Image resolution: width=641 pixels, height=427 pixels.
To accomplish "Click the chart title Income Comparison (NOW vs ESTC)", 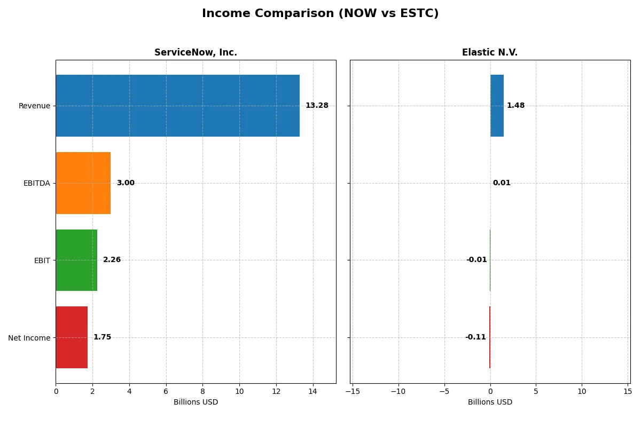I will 320,14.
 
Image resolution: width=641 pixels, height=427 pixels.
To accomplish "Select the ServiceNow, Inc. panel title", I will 196,52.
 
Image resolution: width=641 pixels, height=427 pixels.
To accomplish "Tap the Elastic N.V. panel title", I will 489,52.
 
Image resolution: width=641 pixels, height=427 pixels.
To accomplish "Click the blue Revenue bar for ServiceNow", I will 177,106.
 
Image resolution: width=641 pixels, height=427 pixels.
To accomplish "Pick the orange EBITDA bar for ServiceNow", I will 83,183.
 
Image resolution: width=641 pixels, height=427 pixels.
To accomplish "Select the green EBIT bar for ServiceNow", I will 76,260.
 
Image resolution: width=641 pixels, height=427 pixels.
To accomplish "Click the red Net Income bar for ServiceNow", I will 72,337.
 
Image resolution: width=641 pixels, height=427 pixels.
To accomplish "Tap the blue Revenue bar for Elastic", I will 497,106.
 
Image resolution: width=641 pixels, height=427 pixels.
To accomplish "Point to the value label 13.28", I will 317,106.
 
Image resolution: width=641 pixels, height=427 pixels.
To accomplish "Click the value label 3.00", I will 126,183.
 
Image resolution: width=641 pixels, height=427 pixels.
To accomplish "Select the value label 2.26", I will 112,260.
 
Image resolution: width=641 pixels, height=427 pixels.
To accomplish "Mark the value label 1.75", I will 102,337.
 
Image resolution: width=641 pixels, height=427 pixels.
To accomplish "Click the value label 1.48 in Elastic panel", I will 515,106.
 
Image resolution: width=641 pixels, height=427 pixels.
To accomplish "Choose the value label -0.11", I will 475,337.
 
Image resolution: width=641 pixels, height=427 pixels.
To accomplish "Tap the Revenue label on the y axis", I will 34,106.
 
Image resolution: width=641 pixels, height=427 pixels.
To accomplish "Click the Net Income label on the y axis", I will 29,338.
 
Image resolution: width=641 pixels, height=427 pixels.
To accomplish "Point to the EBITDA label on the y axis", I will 36,183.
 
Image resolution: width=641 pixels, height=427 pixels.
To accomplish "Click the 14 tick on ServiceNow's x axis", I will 313,391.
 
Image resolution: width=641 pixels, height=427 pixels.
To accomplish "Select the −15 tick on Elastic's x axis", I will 352,391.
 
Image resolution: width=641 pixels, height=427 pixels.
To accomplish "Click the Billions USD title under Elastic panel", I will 490,402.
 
